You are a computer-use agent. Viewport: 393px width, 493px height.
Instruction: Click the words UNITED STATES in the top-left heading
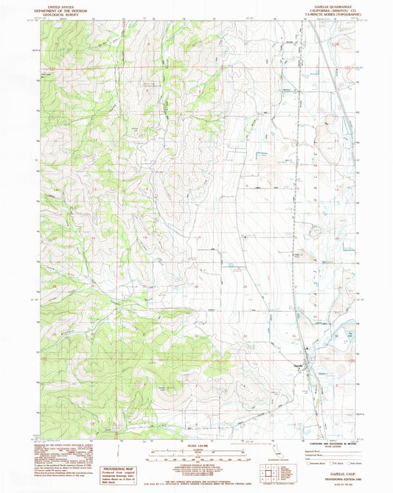point(62,4)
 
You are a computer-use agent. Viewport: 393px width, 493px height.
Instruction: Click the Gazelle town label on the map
point(300,366)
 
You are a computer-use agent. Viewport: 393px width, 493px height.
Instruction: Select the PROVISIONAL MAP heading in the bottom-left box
point(119,469)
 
